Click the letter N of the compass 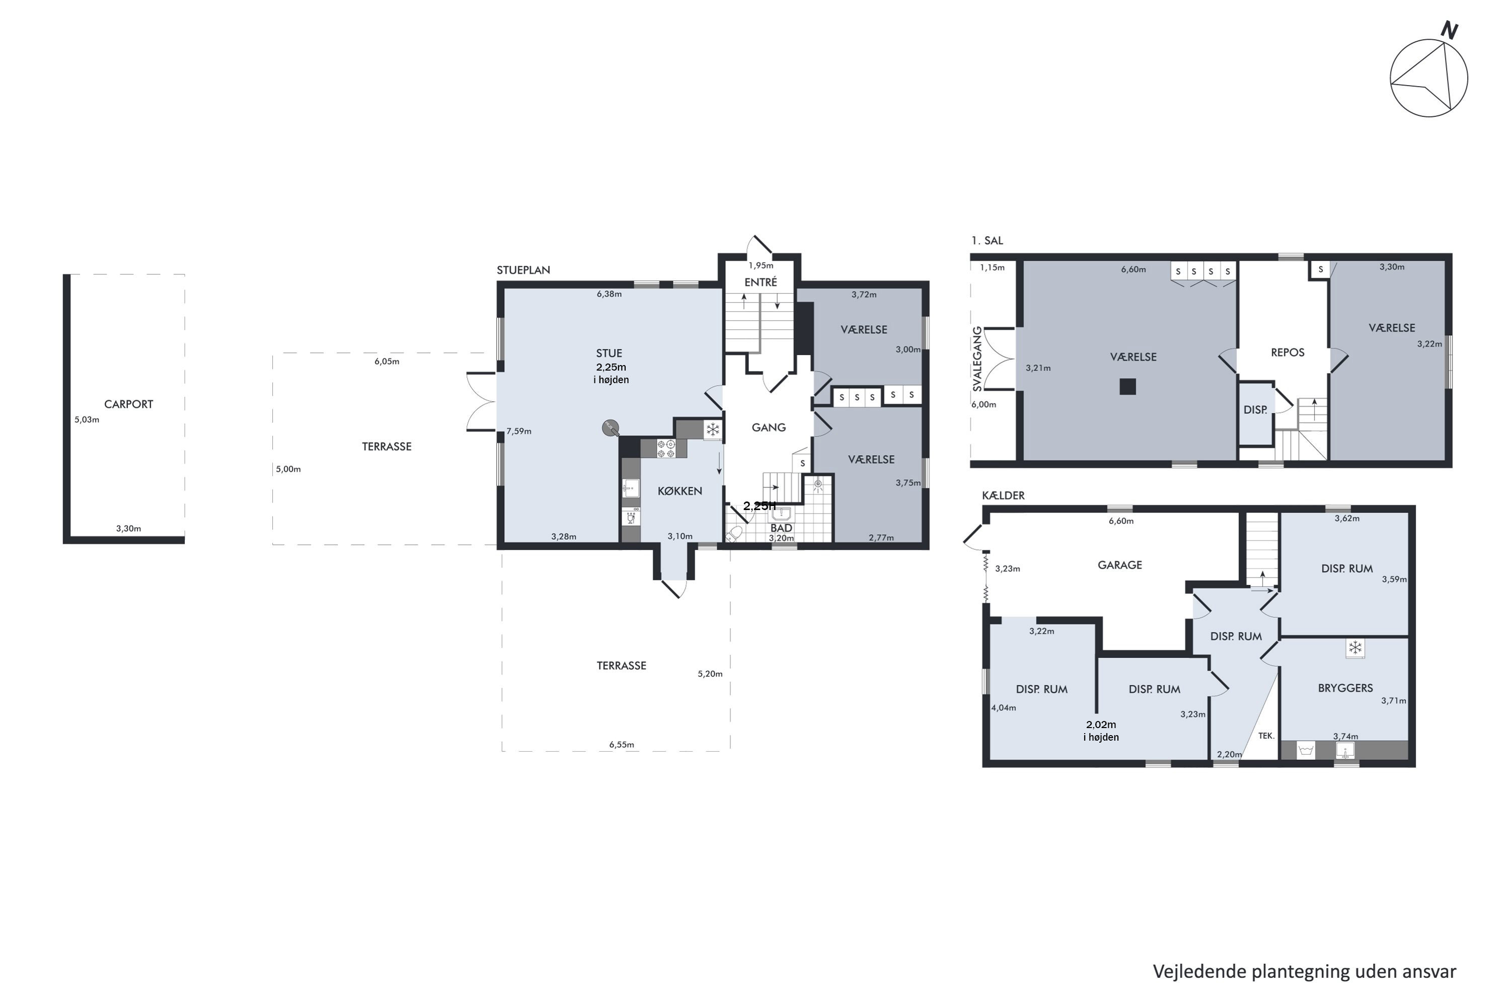[1449, 30]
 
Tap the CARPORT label [128, 404]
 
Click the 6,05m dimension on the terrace [387, 362]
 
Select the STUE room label [609, 353]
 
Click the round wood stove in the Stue [611, 427]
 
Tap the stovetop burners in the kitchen [666, 448]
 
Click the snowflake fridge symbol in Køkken [713, 429]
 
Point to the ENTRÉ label [760, 282]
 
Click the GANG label [769, 427]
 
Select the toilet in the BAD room [734, 534]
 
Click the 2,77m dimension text [881, 538]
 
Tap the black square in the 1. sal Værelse [1127, 387]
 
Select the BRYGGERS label [1345, 688]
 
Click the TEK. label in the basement [1266, 736]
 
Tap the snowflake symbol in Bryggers [1354, 648]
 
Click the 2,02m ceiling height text [1101, 725]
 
